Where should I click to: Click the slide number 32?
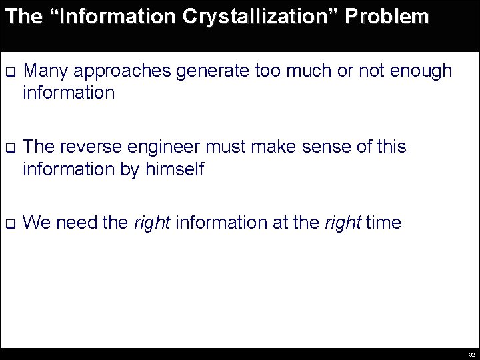coord(471,355)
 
